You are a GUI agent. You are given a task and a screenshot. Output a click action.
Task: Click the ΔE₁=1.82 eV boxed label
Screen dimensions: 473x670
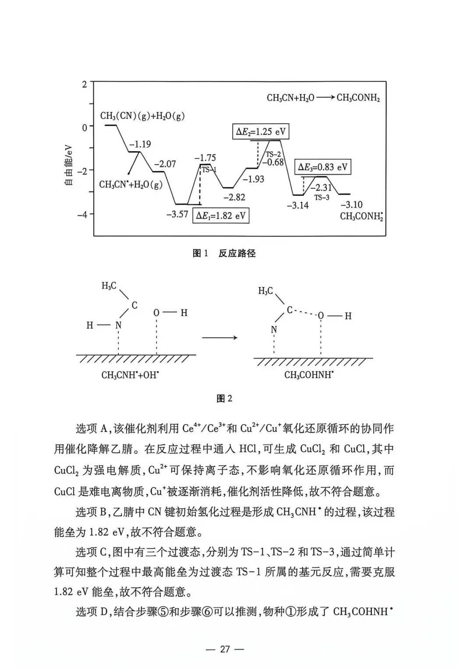click(221, 215)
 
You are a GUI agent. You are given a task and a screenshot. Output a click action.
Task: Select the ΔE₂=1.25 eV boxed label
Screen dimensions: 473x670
click(261, 132)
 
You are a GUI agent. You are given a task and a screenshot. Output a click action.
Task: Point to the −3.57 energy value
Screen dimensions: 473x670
click(177, 214)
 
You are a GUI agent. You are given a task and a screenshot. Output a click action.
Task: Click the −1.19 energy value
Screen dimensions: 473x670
click(140, 144)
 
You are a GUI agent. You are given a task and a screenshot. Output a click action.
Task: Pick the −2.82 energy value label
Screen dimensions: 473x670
click(234, 197)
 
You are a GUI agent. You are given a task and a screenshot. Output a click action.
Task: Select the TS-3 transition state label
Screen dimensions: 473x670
click(321, 197)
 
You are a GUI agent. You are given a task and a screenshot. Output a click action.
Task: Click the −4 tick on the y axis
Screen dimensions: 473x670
click(82, 215)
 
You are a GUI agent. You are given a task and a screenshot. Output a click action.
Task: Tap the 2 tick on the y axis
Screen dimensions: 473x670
click(85, 85)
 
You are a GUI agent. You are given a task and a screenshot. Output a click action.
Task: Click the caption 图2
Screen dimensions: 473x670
click(224, 398)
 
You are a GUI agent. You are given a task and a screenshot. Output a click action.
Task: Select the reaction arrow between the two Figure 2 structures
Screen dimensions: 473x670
click(219, 338)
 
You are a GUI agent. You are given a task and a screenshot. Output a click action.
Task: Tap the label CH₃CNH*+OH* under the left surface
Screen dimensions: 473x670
click(130, 375)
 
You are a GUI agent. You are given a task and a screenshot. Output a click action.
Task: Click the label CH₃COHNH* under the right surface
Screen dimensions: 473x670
click(309, 375)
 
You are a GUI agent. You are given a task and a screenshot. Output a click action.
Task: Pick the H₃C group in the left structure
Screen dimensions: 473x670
click(109, 286)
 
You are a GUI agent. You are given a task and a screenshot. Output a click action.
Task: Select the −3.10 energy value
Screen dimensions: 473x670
click(352, 205)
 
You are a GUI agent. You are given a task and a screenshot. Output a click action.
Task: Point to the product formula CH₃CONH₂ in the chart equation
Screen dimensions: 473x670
click(358, 98)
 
